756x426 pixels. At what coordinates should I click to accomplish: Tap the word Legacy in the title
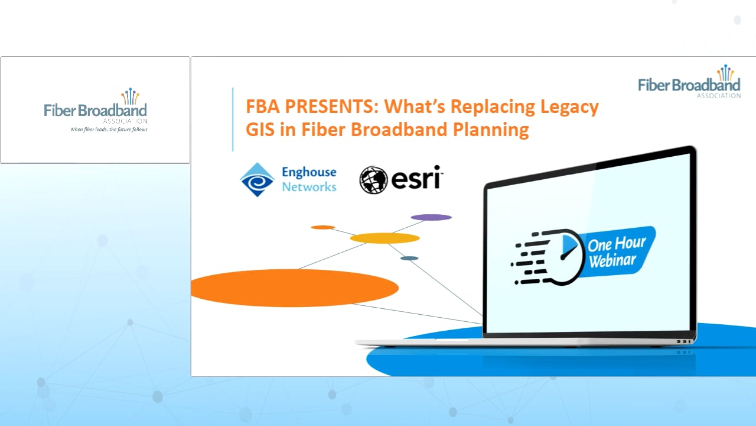click(x=568, y=107)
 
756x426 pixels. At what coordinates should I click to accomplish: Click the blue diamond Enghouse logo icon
click(x=257, y=179)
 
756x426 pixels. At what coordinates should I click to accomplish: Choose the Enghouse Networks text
click(x=309, y=179)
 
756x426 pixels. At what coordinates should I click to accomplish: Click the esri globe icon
click(x=373, y=180)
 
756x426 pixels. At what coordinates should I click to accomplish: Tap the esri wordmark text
click(x=416, y=178)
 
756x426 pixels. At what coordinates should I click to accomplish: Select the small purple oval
click(x=431, y=217)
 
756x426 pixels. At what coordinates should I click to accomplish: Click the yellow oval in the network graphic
click(x=384, y=238)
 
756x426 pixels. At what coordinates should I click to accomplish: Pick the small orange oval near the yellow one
click(x=323, y=227)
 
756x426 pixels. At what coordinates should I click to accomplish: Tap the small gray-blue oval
click(x=409, y=258)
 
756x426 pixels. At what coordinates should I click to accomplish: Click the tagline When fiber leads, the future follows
click(x=109, y=129)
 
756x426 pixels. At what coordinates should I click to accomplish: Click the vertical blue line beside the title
click(x=233, y=119)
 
